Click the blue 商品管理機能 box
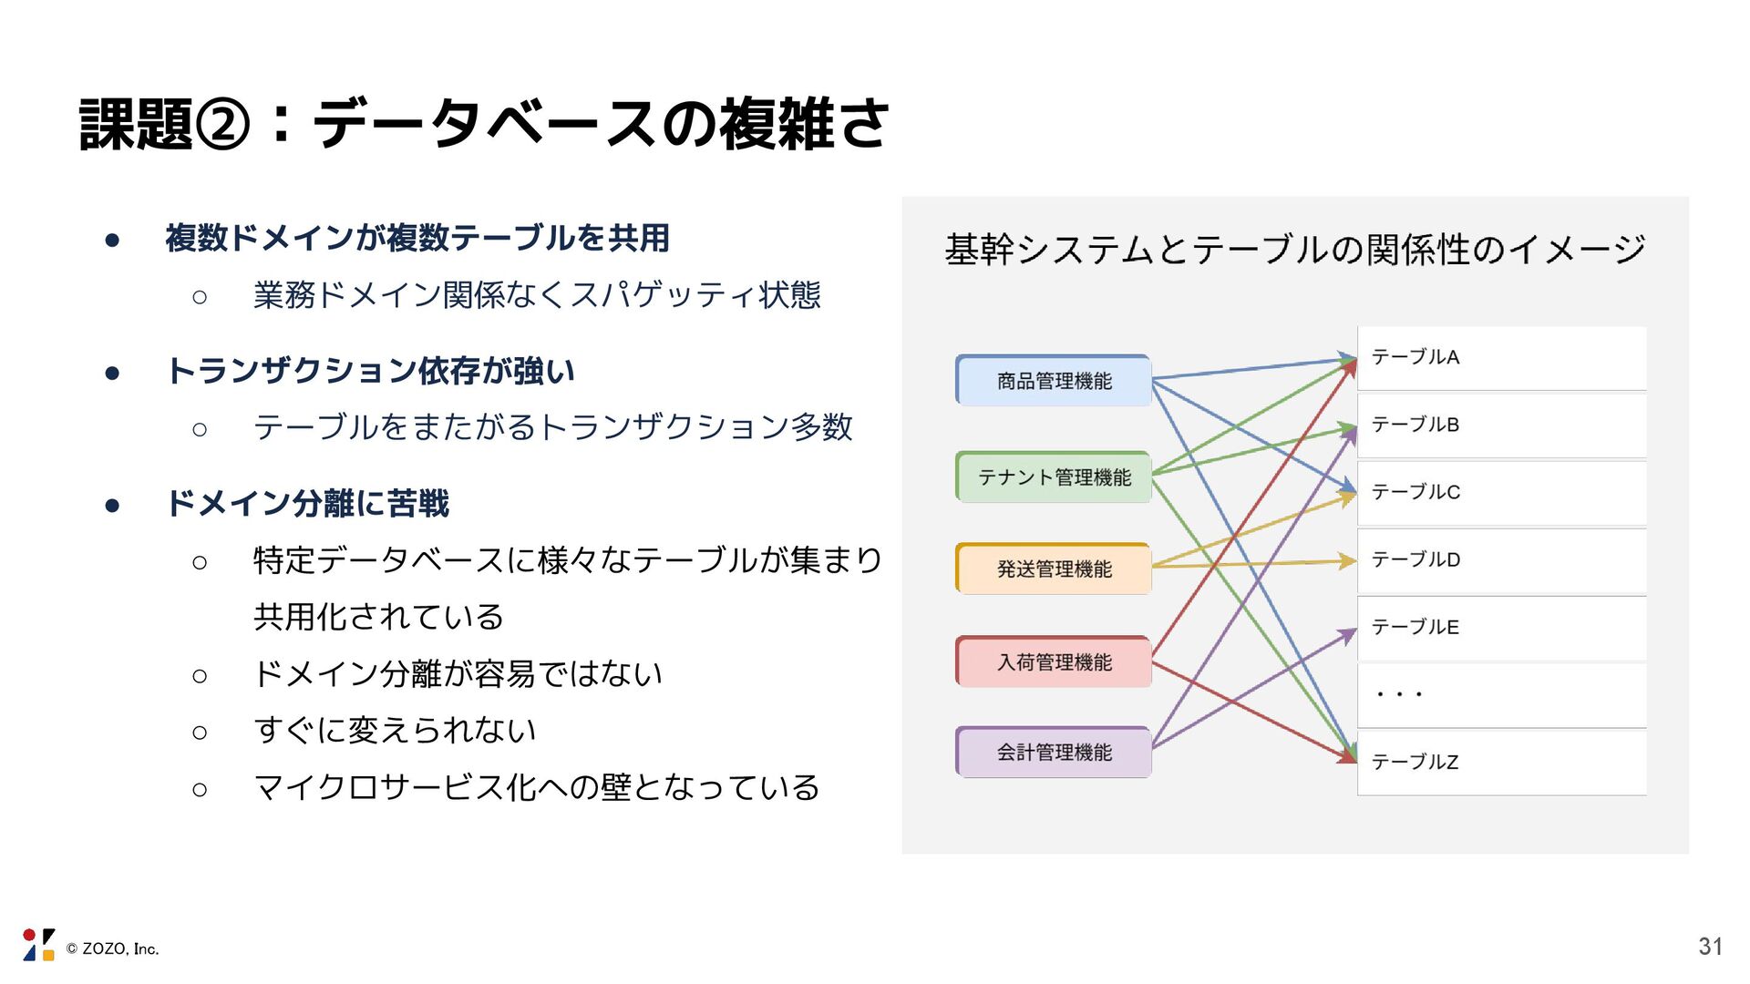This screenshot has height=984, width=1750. pos(1054,381)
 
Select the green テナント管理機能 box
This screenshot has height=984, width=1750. pos(1054,477)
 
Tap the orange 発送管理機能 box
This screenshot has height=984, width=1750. pos(1054,569)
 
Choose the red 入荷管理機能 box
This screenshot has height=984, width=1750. pos(1054,662)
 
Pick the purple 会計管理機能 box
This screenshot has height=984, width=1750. pos(1054,753)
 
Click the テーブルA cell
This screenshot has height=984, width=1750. pos(1501,358)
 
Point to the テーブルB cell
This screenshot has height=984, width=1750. pos(1501,425)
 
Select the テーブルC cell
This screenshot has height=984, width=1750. pos(1501,493)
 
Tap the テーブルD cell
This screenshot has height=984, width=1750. pos(1501,560)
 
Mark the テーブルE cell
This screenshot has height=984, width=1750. pos(1501,628)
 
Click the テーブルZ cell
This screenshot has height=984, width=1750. pos(1501,763)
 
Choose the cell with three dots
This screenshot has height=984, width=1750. pos(1501,695)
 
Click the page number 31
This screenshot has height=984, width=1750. pos(1710,948)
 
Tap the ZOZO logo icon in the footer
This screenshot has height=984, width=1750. pos(38,945)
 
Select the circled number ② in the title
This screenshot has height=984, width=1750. pos(221,125)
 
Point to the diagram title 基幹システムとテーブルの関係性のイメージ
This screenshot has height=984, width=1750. pos(1294,250)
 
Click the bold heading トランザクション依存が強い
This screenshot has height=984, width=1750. pos(370,372)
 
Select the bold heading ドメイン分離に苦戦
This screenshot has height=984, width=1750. pos(307,504)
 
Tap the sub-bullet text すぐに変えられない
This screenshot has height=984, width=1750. pos(395,731)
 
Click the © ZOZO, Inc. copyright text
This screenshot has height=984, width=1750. pos(112,949)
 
